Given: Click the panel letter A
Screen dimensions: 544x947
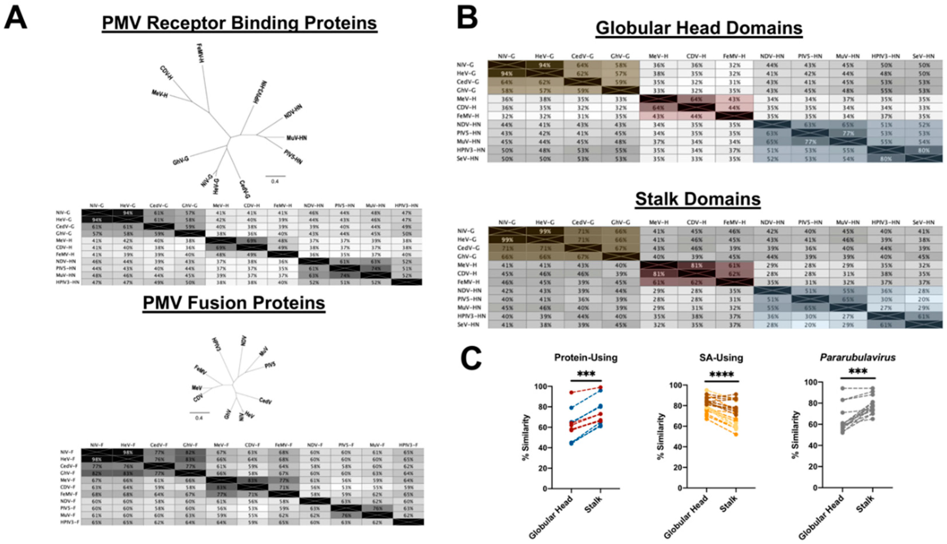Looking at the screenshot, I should point(16,18).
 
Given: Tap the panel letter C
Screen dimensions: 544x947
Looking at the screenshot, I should point(471,358).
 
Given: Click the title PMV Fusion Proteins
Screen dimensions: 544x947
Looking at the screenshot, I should point(234,303).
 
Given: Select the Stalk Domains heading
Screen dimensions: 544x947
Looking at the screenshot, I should point(698,199).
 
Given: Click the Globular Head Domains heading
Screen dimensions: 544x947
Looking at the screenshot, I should point(699,28).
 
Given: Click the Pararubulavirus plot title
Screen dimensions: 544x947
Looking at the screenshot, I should point(857,358).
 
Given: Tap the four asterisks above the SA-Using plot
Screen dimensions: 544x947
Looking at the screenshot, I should point(721,374).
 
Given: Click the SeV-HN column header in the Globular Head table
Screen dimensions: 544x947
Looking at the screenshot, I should point(923,56).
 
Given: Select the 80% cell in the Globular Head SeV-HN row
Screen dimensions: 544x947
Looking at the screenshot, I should point(885,159).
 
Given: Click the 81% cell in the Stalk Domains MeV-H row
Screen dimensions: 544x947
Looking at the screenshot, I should point(697,265).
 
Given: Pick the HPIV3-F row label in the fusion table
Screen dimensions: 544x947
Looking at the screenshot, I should point(70,522).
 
